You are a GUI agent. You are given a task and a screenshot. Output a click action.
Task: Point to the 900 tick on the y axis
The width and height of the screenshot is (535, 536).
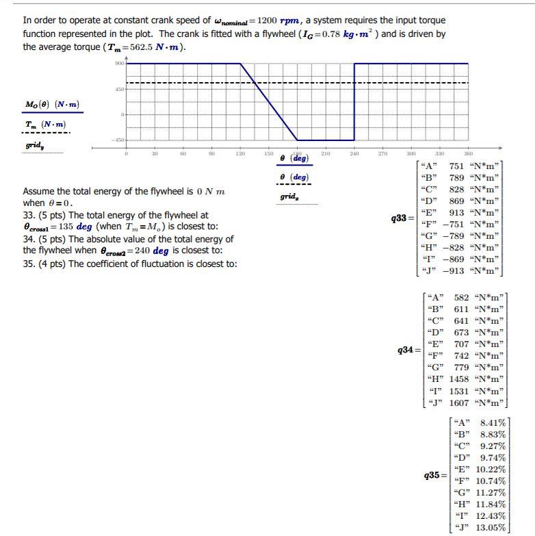[119, 64]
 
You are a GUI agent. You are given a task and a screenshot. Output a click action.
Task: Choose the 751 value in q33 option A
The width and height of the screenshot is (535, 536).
[456, 166]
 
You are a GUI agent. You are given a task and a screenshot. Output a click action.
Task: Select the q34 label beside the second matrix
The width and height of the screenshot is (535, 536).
[404, 350]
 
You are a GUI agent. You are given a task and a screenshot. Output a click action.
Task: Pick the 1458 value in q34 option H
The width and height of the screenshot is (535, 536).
[460, 379]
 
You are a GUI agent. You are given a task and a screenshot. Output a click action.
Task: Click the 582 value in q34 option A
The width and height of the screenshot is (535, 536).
[462, 298]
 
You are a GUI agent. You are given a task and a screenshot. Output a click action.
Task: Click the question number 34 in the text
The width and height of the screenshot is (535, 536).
[28, 239]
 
